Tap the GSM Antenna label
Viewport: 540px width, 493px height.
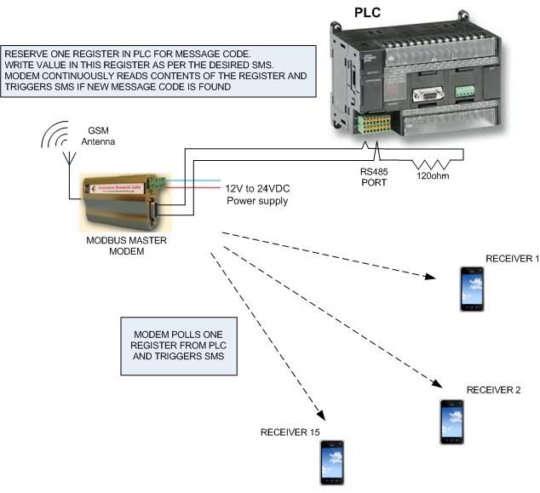(99, 136)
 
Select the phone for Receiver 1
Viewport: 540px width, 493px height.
(471, 289)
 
